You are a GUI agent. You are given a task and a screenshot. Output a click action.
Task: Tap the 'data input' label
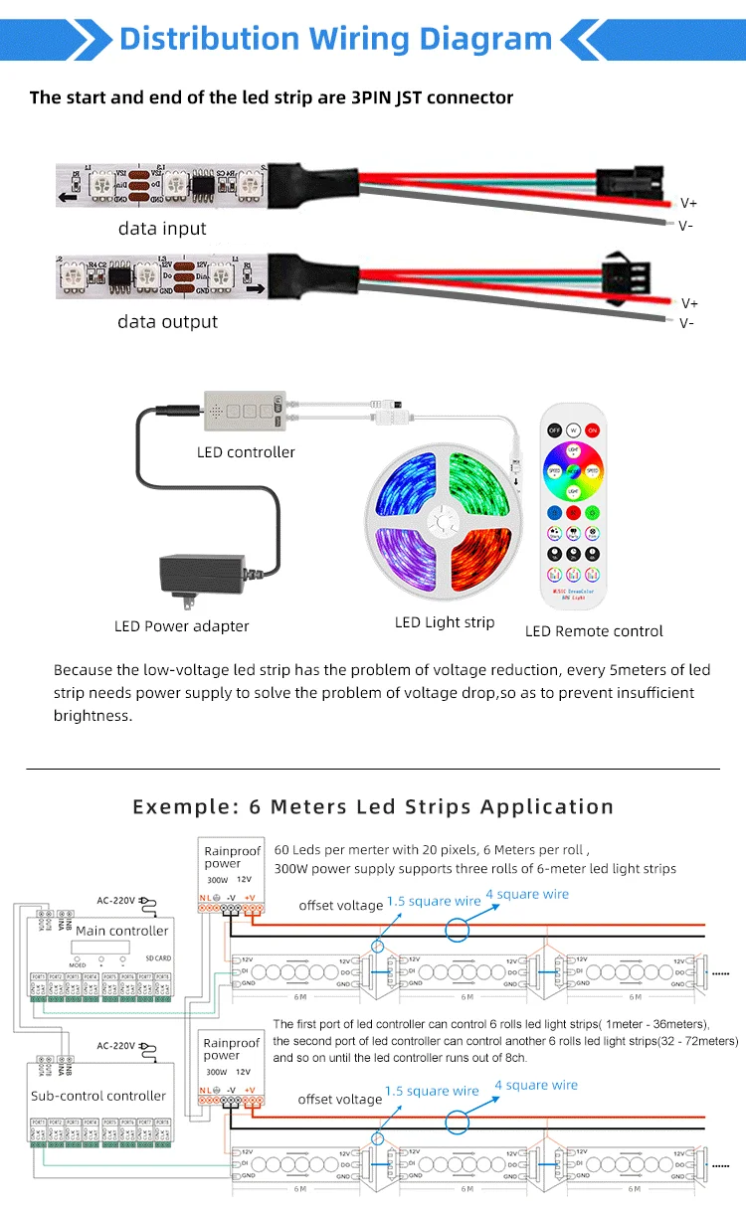point(162,229)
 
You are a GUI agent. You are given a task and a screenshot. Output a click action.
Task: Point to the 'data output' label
point(167,322)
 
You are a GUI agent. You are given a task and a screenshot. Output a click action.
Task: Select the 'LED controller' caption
point(246,452)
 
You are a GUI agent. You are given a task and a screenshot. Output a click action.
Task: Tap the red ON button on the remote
point(592,430)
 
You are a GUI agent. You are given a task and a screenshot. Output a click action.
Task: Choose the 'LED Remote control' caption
point(594,631)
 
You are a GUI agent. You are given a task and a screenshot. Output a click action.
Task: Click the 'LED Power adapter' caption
point(182,626)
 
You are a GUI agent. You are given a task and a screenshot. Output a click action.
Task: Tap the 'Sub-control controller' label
point(98,1096)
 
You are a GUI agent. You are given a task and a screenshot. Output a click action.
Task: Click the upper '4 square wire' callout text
point(527,894)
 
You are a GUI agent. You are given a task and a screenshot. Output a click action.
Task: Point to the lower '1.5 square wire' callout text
point(432,1091)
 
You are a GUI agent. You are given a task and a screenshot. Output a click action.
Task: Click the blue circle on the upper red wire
point(458,931)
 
